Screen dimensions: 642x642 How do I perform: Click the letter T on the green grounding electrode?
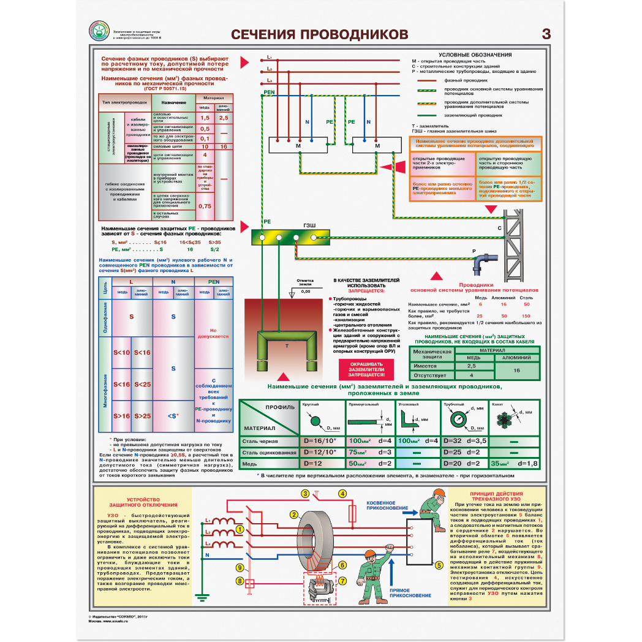[x=287, y=346]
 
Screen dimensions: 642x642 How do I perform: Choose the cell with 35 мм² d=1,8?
[x=515, y=464]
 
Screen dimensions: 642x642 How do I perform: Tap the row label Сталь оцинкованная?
[x=270, y=453]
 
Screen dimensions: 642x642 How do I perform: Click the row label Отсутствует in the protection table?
[x=429, y=374]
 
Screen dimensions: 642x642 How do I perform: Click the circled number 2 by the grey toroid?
[x=293, y=514]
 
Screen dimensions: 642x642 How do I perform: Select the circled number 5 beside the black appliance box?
[x=439, y=565]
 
